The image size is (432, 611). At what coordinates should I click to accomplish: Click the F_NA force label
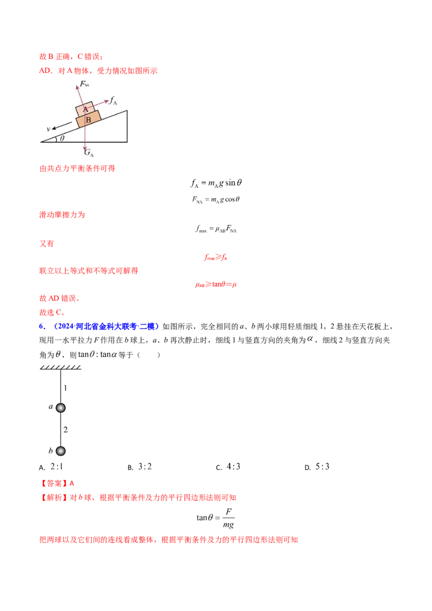pyautogui.click(x=84, y=84)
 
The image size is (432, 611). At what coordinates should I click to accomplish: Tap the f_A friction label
pyautogui.click(x=113, y=100)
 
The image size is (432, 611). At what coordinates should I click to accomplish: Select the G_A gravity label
pyautogui.click(x=89, y=153)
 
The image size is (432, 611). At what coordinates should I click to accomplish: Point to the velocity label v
pyautogui.click(x=48, y=129)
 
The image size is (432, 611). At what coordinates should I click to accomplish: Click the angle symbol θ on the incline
pyautogui.click(x=62, y=138)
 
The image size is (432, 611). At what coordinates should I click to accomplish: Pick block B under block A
pyautogui.click(x=88, y=119)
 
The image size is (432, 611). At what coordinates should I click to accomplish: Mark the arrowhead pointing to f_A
pyautogui.click(x=107, y=100)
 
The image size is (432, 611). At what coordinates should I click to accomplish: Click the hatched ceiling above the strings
pyautogui.click(x=60, y=367)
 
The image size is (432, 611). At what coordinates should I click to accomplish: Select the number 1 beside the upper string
pyautogui.click(x=66, y=388)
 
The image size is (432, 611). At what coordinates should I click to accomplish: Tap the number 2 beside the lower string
pyautogui.click(x=66, y=430)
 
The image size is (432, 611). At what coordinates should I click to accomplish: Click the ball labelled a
pyautogui.click(x=60, y=408)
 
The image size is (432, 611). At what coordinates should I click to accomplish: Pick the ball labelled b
pyautogui.click(x=60, y=451)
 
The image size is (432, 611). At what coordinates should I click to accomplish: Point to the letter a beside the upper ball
pyautogui.click(x=51, y=407)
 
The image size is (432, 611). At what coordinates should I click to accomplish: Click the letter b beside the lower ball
pyautogui.click(x=50, y=450)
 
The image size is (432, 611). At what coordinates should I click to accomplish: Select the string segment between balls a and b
pyautogui.click(x=60, y=429)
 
